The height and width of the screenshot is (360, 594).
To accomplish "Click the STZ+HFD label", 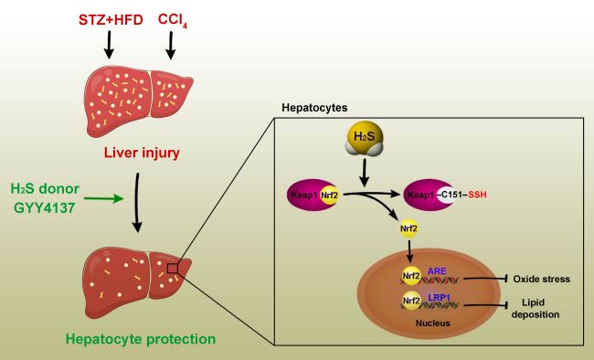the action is [111, 20].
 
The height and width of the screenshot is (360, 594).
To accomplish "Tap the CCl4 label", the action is [173, 20].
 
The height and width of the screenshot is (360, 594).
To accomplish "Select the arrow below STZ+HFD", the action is [109, 45].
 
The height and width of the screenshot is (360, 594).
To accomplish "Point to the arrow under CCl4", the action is [171, 45].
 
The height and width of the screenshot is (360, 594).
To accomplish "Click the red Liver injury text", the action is [142, 153].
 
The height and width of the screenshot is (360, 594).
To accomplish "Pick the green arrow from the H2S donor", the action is [104, 198].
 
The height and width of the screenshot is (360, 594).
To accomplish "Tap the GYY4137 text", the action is [45, 207].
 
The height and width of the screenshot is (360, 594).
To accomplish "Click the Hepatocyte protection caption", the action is [141, 339].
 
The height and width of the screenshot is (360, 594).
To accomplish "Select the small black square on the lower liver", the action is [173, 269].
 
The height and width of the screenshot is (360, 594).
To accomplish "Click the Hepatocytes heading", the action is [314, 108].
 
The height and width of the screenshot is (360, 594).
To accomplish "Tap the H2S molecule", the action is [365, 138].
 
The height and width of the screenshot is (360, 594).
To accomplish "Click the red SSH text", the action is [477, 195].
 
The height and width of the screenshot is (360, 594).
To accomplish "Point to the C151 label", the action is [452, 195].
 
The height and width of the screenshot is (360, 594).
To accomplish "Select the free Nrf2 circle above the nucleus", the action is [408, 228].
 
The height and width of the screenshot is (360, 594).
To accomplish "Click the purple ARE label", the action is [437, 271].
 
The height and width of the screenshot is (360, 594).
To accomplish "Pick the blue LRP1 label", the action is [439, 298].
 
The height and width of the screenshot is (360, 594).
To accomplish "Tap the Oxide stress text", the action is [541, 279].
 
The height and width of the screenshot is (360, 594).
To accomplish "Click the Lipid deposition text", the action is [536, 309].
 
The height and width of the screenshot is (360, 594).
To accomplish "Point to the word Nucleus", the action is [433, 323].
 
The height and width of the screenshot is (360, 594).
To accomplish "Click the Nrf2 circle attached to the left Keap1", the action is [329, 196].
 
